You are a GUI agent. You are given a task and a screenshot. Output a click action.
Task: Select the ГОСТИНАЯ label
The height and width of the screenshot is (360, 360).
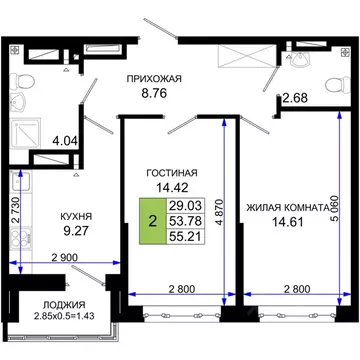[x=168, y=170]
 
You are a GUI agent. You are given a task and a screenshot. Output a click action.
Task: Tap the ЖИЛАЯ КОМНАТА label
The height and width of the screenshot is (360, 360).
[x=287, y=208]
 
